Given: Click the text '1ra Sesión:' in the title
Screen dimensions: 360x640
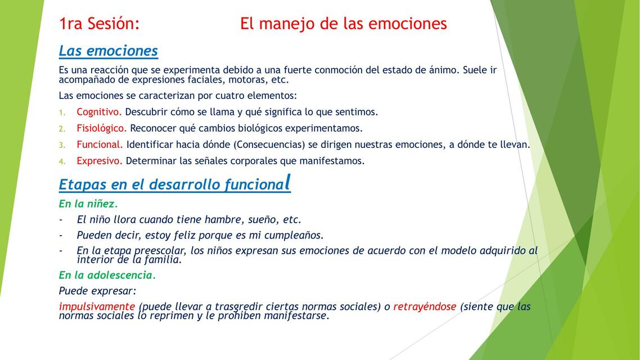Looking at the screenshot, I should coord(99,24).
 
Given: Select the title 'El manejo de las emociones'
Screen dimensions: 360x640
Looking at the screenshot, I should coord(343,24).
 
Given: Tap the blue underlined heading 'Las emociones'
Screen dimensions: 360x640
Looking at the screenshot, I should coord(108,51).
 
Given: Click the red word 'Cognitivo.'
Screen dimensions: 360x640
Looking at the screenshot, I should coord(99,112).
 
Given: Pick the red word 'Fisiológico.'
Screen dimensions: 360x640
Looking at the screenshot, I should coord(102,128).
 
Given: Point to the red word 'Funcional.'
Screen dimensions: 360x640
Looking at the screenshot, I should coord(100,145).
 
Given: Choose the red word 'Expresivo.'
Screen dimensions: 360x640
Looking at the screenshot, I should coord(100,161).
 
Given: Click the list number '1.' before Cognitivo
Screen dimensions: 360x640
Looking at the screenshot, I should coord(62,112).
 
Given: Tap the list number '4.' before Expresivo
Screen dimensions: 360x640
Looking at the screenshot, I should coord(62,161).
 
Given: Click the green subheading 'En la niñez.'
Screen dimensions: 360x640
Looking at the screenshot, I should coord(88,204).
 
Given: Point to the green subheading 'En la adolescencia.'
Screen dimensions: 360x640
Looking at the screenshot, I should coord(107,275).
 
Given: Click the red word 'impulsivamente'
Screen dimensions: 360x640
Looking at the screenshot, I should coord(97,307).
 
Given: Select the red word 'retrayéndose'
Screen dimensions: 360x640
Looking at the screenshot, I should coord(425,307).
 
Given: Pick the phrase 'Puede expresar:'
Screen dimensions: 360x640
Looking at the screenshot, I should coord(98,291).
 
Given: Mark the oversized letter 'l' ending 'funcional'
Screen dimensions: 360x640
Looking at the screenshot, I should coord(288,182).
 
